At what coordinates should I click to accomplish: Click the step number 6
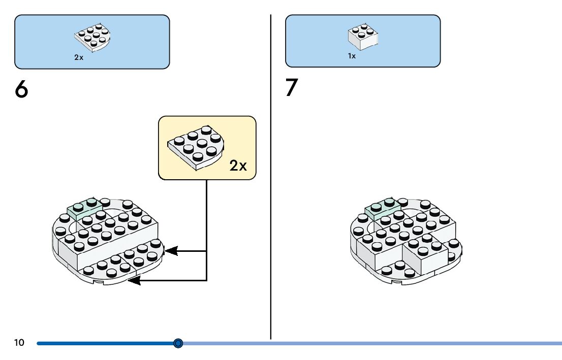[21, 90]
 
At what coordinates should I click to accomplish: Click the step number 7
[291, 88]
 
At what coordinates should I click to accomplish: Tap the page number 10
[19, 343]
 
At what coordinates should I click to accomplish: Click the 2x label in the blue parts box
[79, 57]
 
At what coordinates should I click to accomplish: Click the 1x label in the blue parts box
[352, 56]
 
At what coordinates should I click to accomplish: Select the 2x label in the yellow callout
[238, 166]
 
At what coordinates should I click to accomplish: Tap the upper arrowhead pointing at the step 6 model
[171, 250]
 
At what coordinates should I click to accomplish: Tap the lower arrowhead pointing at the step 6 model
[134, 280]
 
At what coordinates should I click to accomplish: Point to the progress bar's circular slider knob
[178, 343]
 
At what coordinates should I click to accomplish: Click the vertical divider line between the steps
[270, 178]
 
